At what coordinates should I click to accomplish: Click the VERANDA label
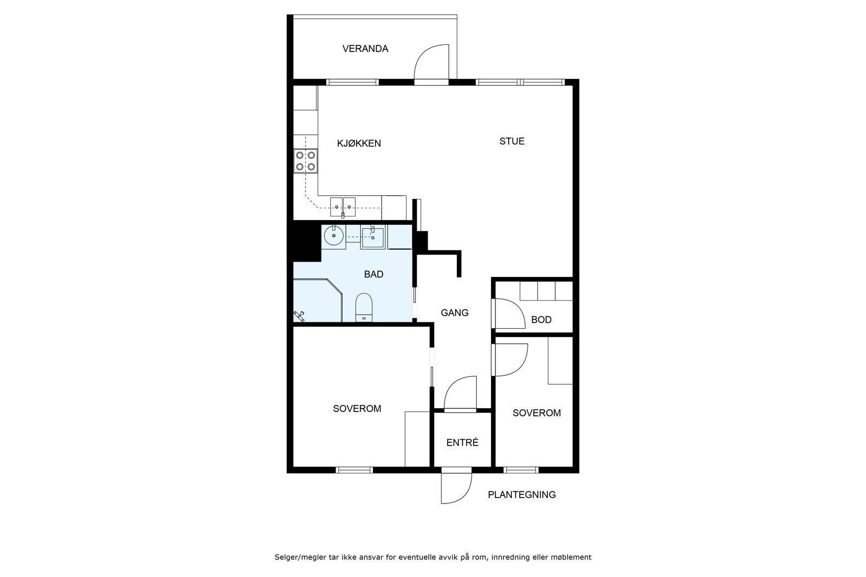pos(365,49)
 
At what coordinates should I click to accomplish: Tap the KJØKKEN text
pos(359,143)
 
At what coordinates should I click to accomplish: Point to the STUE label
pos(512,141)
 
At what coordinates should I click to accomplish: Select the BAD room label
pos(373,274)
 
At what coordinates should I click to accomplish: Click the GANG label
pos(455,313)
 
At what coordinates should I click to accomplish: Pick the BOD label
pos(541,320)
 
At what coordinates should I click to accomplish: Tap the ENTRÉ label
pos(462,442)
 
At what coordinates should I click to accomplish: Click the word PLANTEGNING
pos(522,495)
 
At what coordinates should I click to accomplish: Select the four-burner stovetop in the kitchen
pos(305,161)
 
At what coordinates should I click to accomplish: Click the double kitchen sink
pos(343,207)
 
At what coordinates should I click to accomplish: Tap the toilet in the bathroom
pos(364,308)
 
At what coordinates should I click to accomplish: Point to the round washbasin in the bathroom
pos(333,235)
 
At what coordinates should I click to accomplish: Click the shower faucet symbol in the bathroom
pos(299,316)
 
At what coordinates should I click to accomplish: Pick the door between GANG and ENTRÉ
pos(460,393)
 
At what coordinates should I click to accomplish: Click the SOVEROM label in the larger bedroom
pos(357,409)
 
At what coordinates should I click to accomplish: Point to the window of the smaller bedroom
pos(521,470)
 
